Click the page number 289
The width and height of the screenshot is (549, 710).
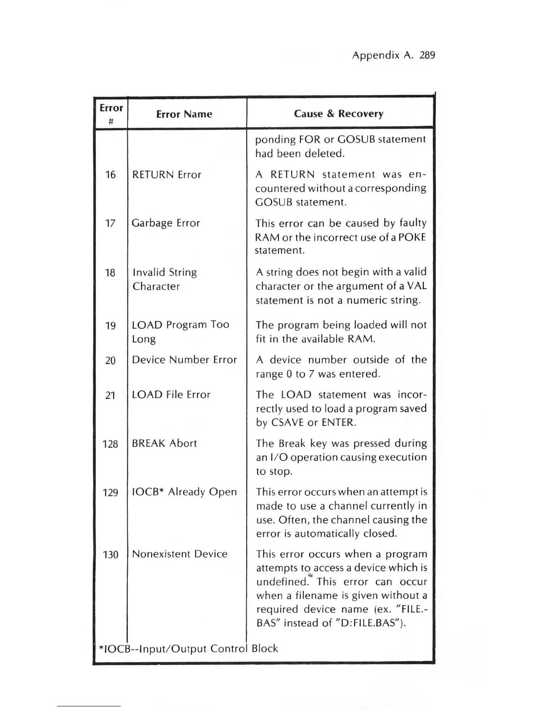[427, 56]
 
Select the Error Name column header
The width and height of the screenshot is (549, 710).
[184, 114]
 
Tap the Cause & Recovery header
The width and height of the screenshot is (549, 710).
[339, 114]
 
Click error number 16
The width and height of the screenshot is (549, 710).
[110, 175]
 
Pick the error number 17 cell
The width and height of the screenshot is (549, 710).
[110, 223]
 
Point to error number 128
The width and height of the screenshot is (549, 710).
[110, 444]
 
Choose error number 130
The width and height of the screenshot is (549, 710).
[110, 555]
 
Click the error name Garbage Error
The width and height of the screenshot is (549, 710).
[166, 223]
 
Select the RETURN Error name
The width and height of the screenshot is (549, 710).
[166, 175]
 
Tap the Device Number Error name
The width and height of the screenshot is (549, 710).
[184, 360]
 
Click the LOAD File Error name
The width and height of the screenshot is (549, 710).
[171, 395]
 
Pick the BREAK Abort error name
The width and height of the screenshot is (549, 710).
[164, 444]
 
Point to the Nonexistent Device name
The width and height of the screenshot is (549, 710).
[179, 554]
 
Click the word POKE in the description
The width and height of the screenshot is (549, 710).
[412, 237]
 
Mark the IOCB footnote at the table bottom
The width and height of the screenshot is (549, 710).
[188, 649]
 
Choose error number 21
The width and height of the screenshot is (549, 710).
[110, 395]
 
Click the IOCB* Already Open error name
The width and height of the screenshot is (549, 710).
[184, 492]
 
